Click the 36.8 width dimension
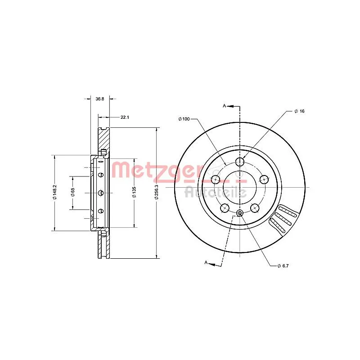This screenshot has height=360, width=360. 100,99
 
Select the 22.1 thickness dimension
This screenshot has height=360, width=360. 125,117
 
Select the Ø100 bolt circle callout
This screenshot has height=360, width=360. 184,119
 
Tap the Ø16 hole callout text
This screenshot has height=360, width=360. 299,111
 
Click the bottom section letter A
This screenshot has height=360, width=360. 206,262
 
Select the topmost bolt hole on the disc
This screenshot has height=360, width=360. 240,162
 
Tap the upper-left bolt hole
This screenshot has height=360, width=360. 216,180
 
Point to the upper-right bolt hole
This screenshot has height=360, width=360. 264,180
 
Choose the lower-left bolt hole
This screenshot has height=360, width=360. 225,207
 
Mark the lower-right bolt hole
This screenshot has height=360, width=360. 255,207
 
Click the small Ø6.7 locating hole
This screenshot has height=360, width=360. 240,213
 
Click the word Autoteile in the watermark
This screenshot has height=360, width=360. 216,192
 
